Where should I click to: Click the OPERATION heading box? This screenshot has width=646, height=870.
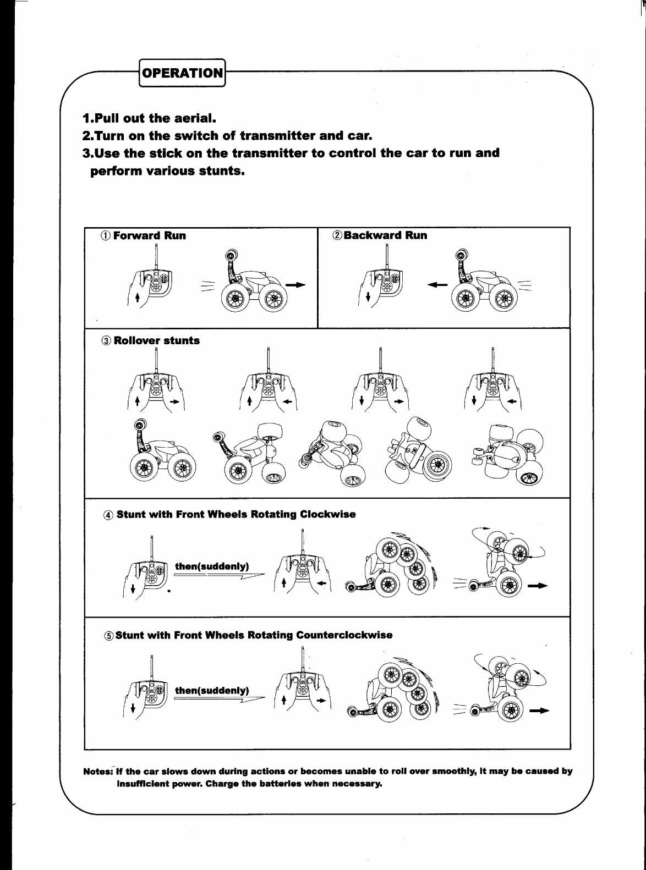click(183, 73)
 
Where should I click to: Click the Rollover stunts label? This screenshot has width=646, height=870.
click(156, 340)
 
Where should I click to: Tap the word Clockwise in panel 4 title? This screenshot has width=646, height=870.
click(327, 515)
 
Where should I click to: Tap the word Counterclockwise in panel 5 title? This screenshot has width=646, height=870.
click(344, 636)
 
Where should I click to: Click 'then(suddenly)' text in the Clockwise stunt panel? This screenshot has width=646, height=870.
click(212, 566)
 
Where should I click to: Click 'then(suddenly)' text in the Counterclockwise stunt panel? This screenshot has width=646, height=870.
click(212, 690)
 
